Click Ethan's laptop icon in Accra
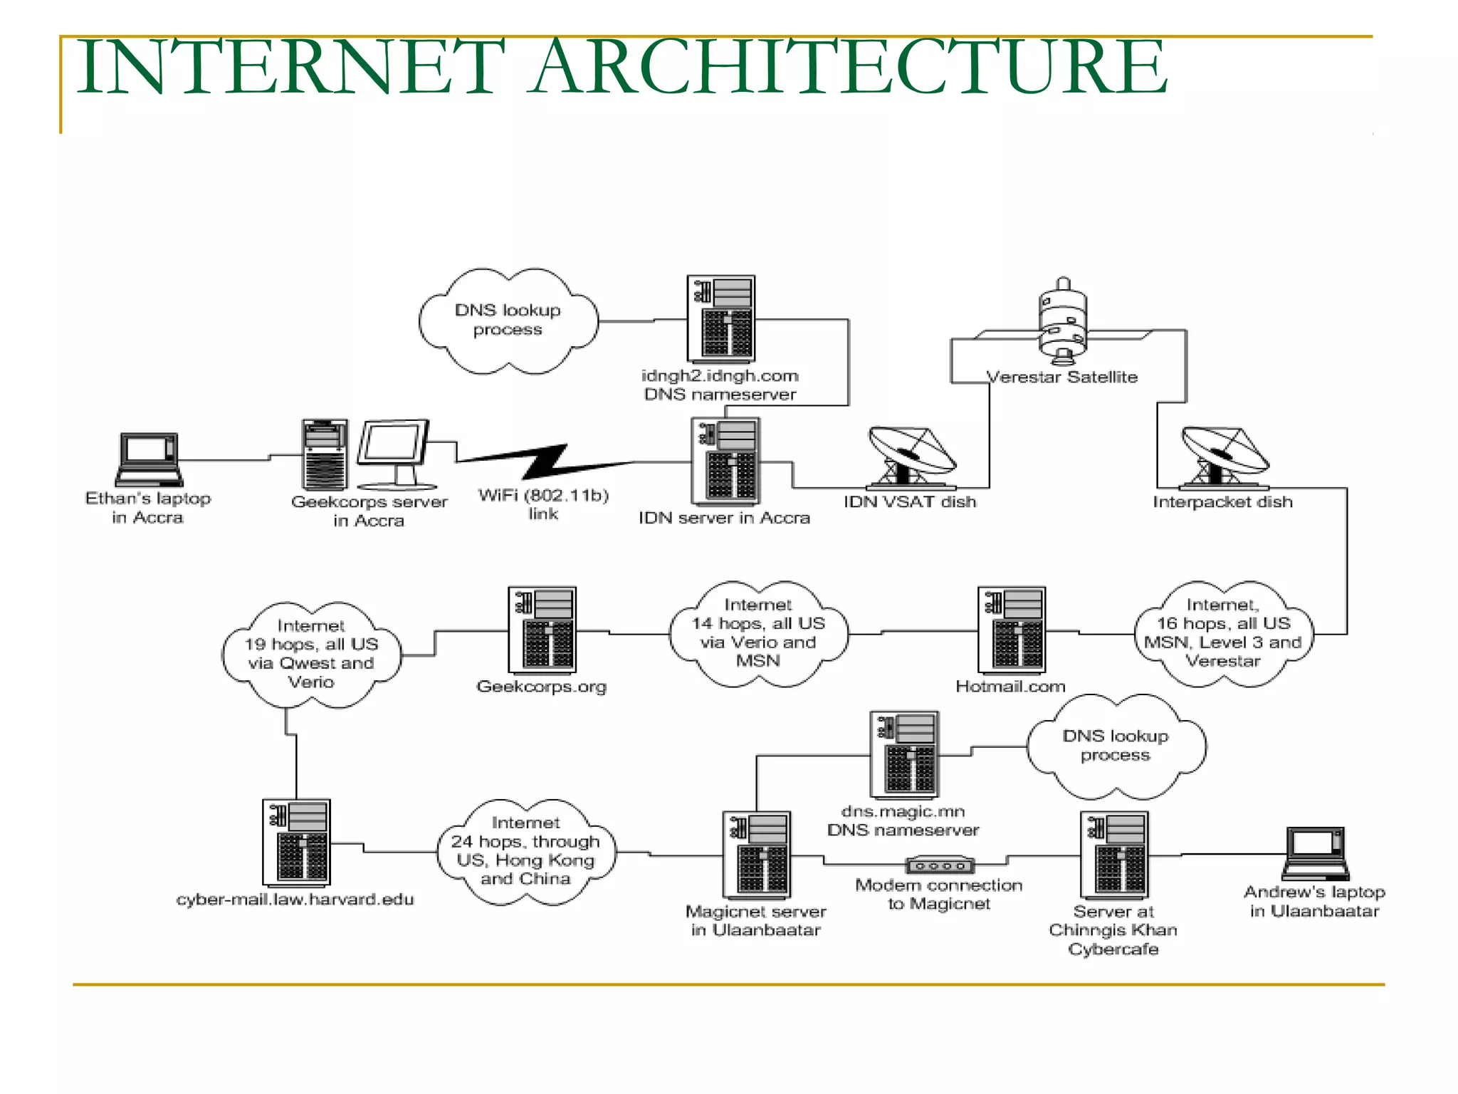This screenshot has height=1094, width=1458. pos(149,459)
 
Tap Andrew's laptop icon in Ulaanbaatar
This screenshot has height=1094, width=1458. pos(1316,853)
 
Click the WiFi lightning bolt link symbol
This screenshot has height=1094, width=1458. pos(545,462)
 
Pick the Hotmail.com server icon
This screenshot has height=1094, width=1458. pos(1012,630)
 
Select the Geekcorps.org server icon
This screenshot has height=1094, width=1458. pos(542,630)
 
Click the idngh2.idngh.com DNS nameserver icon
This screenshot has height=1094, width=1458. pos(720,318)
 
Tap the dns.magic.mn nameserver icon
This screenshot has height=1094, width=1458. pos(904,754)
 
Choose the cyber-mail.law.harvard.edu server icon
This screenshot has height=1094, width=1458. pos(296,842)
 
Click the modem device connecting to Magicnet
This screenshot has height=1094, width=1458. pos(940,865)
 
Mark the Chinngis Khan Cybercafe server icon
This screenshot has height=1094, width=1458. pos(1114,854)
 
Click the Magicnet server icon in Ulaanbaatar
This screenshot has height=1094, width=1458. pos(757,854)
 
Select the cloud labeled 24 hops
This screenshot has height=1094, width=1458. pos(526,851)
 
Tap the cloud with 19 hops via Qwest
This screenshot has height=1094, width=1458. pos(311,654)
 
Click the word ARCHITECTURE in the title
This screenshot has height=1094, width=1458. pos(850,67)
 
